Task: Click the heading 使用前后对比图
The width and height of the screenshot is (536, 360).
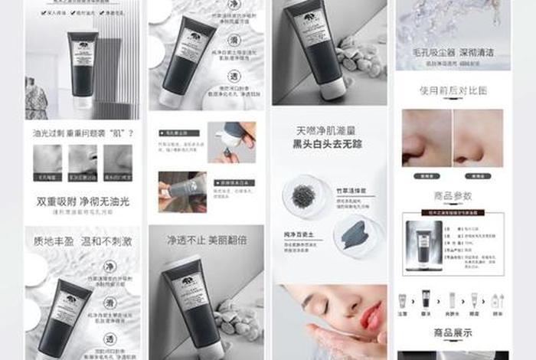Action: [453, 90]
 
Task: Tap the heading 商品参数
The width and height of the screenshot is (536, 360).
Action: [453, 196]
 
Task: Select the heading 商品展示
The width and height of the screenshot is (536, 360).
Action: [453, 333]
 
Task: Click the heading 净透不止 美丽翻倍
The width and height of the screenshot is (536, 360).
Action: [206, 240]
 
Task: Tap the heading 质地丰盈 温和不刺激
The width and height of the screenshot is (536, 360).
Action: [83, 241]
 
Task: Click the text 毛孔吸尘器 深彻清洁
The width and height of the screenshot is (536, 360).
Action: [453, 53]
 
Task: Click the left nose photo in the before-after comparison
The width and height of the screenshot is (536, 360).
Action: [427, 139]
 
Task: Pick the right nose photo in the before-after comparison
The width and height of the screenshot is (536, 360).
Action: [478, 139]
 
